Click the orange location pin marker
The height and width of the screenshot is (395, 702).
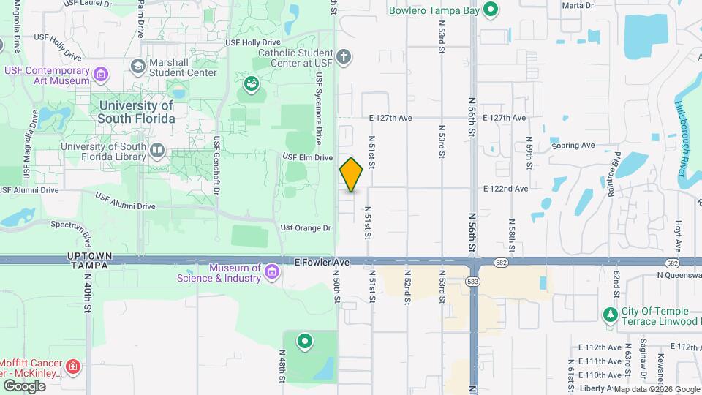click(x=352, y=174)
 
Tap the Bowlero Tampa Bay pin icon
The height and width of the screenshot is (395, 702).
click(x=491, y=10)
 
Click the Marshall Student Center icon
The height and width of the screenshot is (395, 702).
click(x=137, y=67)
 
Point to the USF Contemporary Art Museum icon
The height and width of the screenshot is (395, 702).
click(x=100, y=74)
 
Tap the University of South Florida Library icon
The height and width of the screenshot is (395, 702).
click(x=156, y=151)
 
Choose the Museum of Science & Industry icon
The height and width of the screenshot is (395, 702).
click(x=272, y=273)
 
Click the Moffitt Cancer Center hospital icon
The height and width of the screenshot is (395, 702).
click(x=73, y=366)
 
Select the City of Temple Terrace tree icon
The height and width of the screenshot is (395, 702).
click(x=609, y=315)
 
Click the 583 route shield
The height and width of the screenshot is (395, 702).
click(x=473, y=281)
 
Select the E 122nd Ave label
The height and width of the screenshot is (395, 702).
click(x=505, y=189)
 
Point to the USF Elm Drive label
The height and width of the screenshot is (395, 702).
click(x=308, y=157)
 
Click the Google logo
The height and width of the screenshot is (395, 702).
click(x=24, y=385)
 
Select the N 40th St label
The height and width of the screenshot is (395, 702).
click(x=87, y=293)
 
